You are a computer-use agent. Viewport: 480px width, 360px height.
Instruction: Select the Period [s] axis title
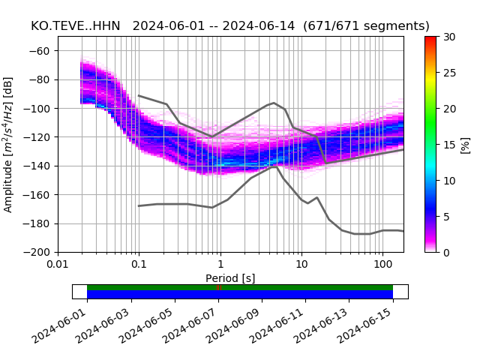[230, 277]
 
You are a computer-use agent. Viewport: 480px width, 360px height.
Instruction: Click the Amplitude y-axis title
[9, 144]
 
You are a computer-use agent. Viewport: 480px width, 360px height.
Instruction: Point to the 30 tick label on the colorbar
[449, 37]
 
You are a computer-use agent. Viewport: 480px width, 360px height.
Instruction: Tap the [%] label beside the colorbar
[466, 144]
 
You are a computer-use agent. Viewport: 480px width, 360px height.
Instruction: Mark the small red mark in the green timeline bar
[220, 287]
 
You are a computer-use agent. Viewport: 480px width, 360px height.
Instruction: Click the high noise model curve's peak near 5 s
[274, 103]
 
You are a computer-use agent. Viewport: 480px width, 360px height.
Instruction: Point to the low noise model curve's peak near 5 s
[275, 166]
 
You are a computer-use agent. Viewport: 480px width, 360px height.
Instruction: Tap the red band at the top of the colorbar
[430, 39]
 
